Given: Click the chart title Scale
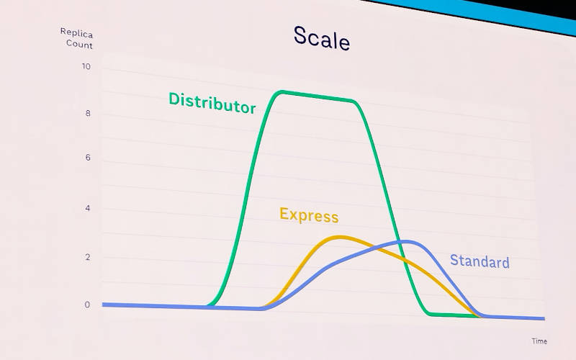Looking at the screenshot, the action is [321, 38].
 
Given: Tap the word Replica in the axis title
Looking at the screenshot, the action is [76, 33].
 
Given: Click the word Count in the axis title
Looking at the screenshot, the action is [79, 45].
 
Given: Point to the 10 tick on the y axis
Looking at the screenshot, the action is [86, 66].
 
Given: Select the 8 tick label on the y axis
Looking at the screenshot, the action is [88, 113].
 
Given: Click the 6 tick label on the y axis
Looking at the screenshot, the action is [88, 158].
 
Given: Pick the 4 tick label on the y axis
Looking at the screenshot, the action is [87, 208].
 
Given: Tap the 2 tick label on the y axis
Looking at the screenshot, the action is [87, 257].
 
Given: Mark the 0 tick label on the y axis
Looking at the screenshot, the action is [87, 305].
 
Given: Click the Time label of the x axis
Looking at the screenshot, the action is [539, 341].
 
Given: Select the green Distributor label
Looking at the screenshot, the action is [212, 103].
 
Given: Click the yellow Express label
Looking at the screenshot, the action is [309, 215].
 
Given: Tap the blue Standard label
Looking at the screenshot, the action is [480, 261].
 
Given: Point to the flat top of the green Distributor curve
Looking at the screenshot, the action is [318, 96].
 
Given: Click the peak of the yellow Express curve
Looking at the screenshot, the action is [340, 238].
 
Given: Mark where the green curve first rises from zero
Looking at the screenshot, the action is [209, 305].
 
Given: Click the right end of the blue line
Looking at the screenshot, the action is [544, 318].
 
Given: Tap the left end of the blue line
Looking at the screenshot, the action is [103, 305].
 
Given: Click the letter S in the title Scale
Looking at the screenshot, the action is [300, 35].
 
